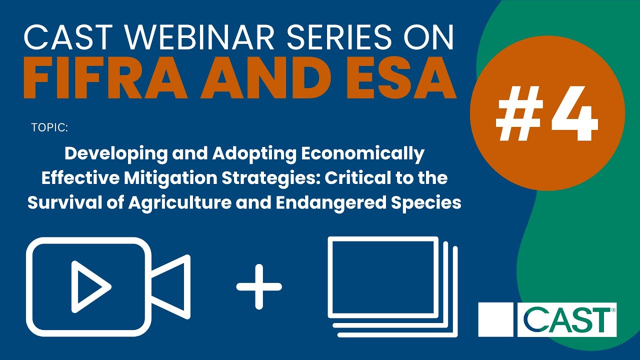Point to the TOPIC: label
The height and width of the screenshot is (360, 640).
[49, 127]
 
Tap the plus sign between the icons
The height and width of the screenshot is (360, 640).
[259, 286]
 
